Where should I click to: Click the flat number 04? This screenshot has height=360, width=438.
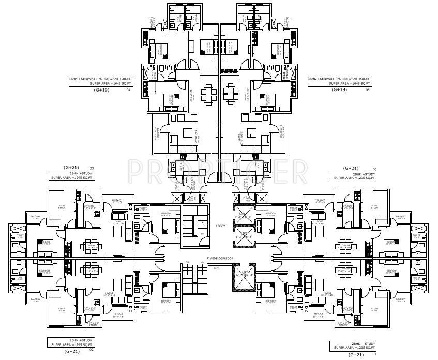click(x=128, y=90)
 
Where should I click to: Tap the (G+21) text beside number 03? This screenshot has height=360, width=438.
click(x=70, y=168)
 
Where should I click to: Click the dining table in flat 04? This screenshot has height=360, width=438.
click(x=208, y=94)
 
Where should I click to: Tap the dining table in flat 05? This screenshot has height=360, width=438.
click(x=230, y=94)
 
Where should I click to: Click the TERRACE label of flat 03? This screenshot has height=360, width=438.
click(x=113, y=201)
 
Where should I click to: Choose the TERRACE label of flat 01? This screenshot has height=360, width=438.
click(x=318, y=314)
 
